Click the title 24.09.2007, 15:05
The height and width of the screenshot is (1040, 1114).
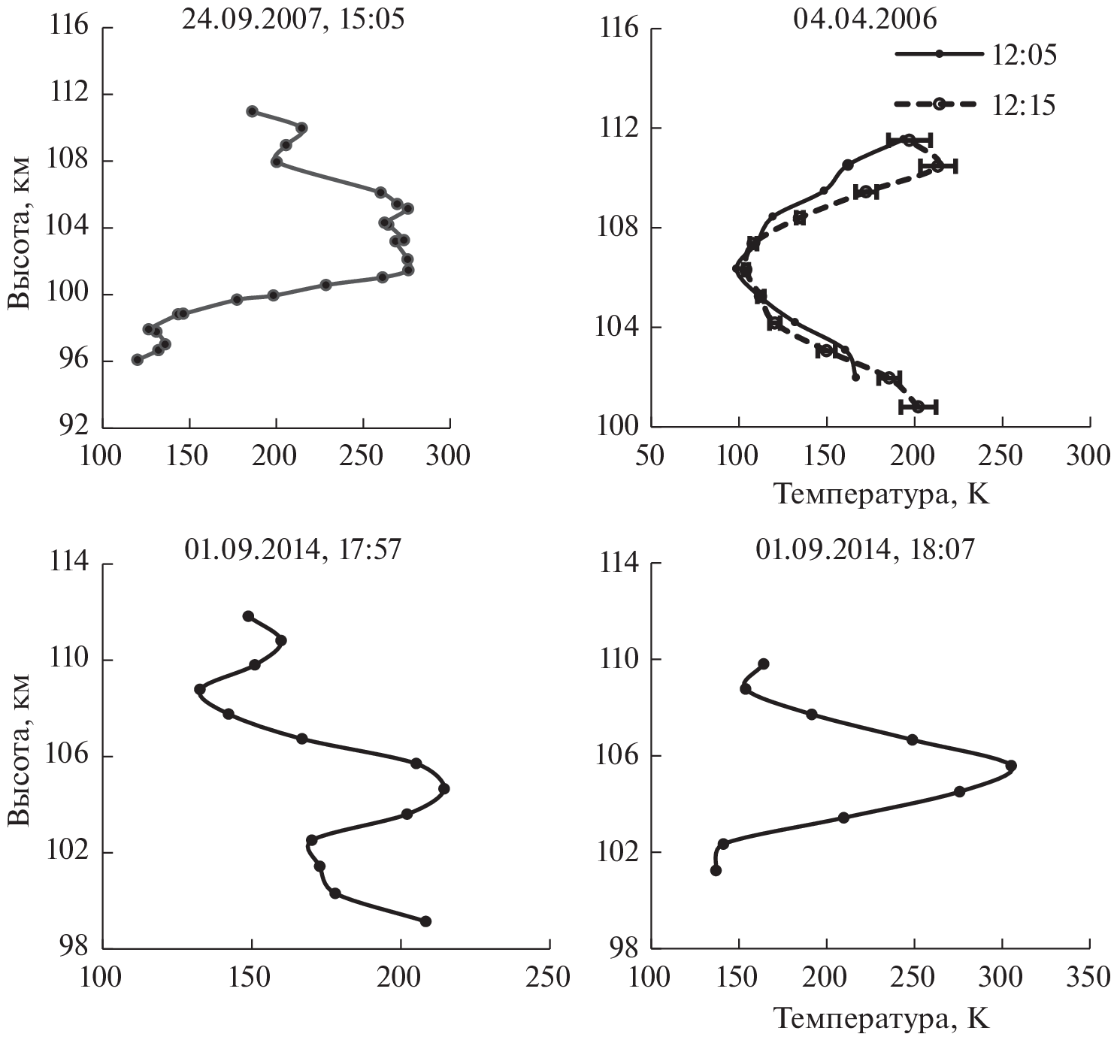click(x=293, y=19)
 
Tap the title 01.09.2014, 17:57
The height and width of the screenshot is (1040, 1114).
click(x=293, y=549)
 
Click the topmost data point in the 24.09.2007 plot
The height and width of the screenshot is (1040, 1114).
click(x=252, y=111)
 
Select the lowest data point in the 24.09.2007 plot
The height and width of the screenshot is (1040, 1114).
click(x=137, y=360)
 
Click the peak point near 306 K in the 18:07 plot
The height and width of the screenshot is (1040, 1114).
click(x=1011, y=765)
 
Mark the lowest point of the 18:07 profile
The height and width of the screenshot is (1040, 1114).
click(x=716, y=870)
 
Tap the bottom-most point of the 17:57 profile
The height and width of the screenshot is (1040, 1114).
click(x=425, y=921)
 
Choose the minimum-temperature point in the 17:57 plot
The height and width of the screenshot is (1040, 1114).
click(x=199, y=689)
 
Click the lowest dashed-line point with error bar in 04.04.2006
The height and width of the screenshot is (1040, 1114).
click(x=918, y=407)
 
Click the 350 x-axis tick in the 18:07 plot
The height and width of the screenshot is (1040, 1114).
click(x=1088, y=977)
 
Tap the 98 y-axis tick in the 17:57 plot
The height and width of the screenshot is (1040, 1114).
click(x=74, y=948)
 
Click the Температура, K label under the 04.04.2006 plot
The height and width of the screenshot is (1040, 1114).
click(x=881, y=494)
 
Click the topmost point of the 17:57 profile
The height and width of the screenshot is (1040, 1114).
click(x=248, y=616)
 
